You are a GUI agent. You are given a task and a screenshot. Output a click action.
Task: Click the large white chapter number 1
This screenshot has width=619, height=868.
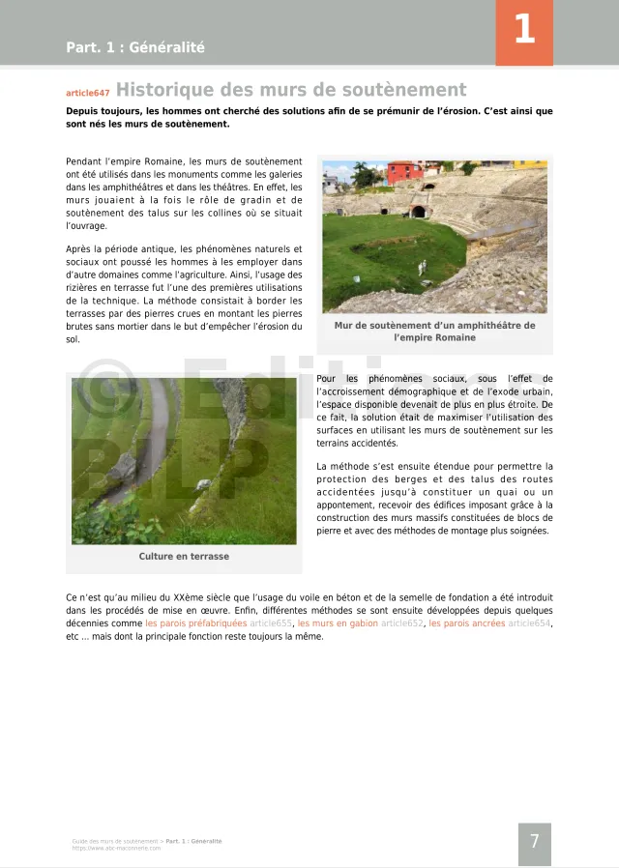pyautogui.click(x=523, y=30)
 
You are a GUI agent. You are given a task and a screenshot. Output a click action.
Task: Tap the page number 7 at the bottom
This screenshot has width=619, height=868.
pyautogui.click(x=534, y=842)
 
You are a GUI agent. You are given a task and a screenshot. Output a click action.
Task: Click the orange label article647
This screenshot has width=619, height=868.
pyautogui.click(x=87, y=94)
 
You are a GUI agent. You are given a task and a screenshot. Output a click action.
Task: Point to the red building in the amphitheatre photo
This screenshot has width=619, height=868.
pyautogui.click(x=404, y=173)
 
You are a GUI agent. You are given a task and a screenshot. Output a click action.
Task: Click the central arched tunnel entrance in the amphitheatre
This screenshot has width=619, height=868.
pyautogui.click(x=418, y=211)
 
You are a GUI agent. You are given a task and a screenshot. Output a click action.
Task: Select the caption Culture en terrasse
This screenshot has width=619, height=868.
pyautogui.click(x=184, y=557)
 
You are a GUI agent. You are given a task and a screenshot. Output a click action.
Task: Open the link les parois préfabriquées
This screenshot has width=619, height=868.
pyautogui.click(x=196, y=624)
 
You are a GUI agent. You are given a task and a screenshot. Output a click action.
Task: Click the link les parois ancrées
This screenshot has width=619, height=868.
pyautogui.click(x=467, y=624)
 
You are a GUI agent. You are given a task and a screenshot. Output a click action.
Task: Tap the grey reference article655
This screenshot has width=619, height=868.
pyautogui.click(x=271, y=624)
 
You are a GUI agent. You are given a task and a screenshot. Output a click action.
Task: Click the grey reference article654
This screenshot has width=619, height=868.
pyautogui.click(x=530, y=624)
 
